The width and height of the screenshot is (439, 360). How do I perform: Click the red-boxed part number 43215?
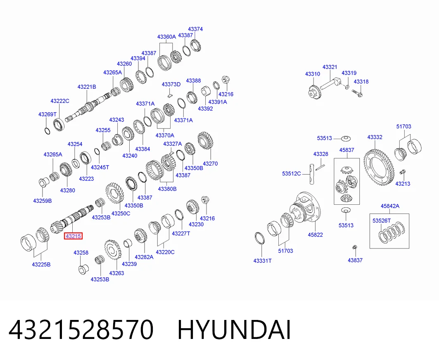pos(73,236)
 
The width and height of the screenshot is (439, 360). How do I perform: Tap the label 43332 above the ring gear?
pos(375,137)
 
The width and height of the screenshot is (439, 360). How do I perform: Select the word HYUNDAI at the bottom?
pos(234,330)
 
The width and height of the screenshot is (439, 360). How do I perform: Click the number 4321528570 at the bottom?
pos(81,330)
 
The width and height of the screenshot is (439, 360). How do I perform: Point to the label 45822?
pos(315,234)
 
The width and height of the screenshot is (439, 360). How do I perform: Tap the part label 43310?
pos(313,74)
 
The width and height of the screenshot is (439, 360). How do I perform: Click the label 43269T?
pos(47,114)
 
